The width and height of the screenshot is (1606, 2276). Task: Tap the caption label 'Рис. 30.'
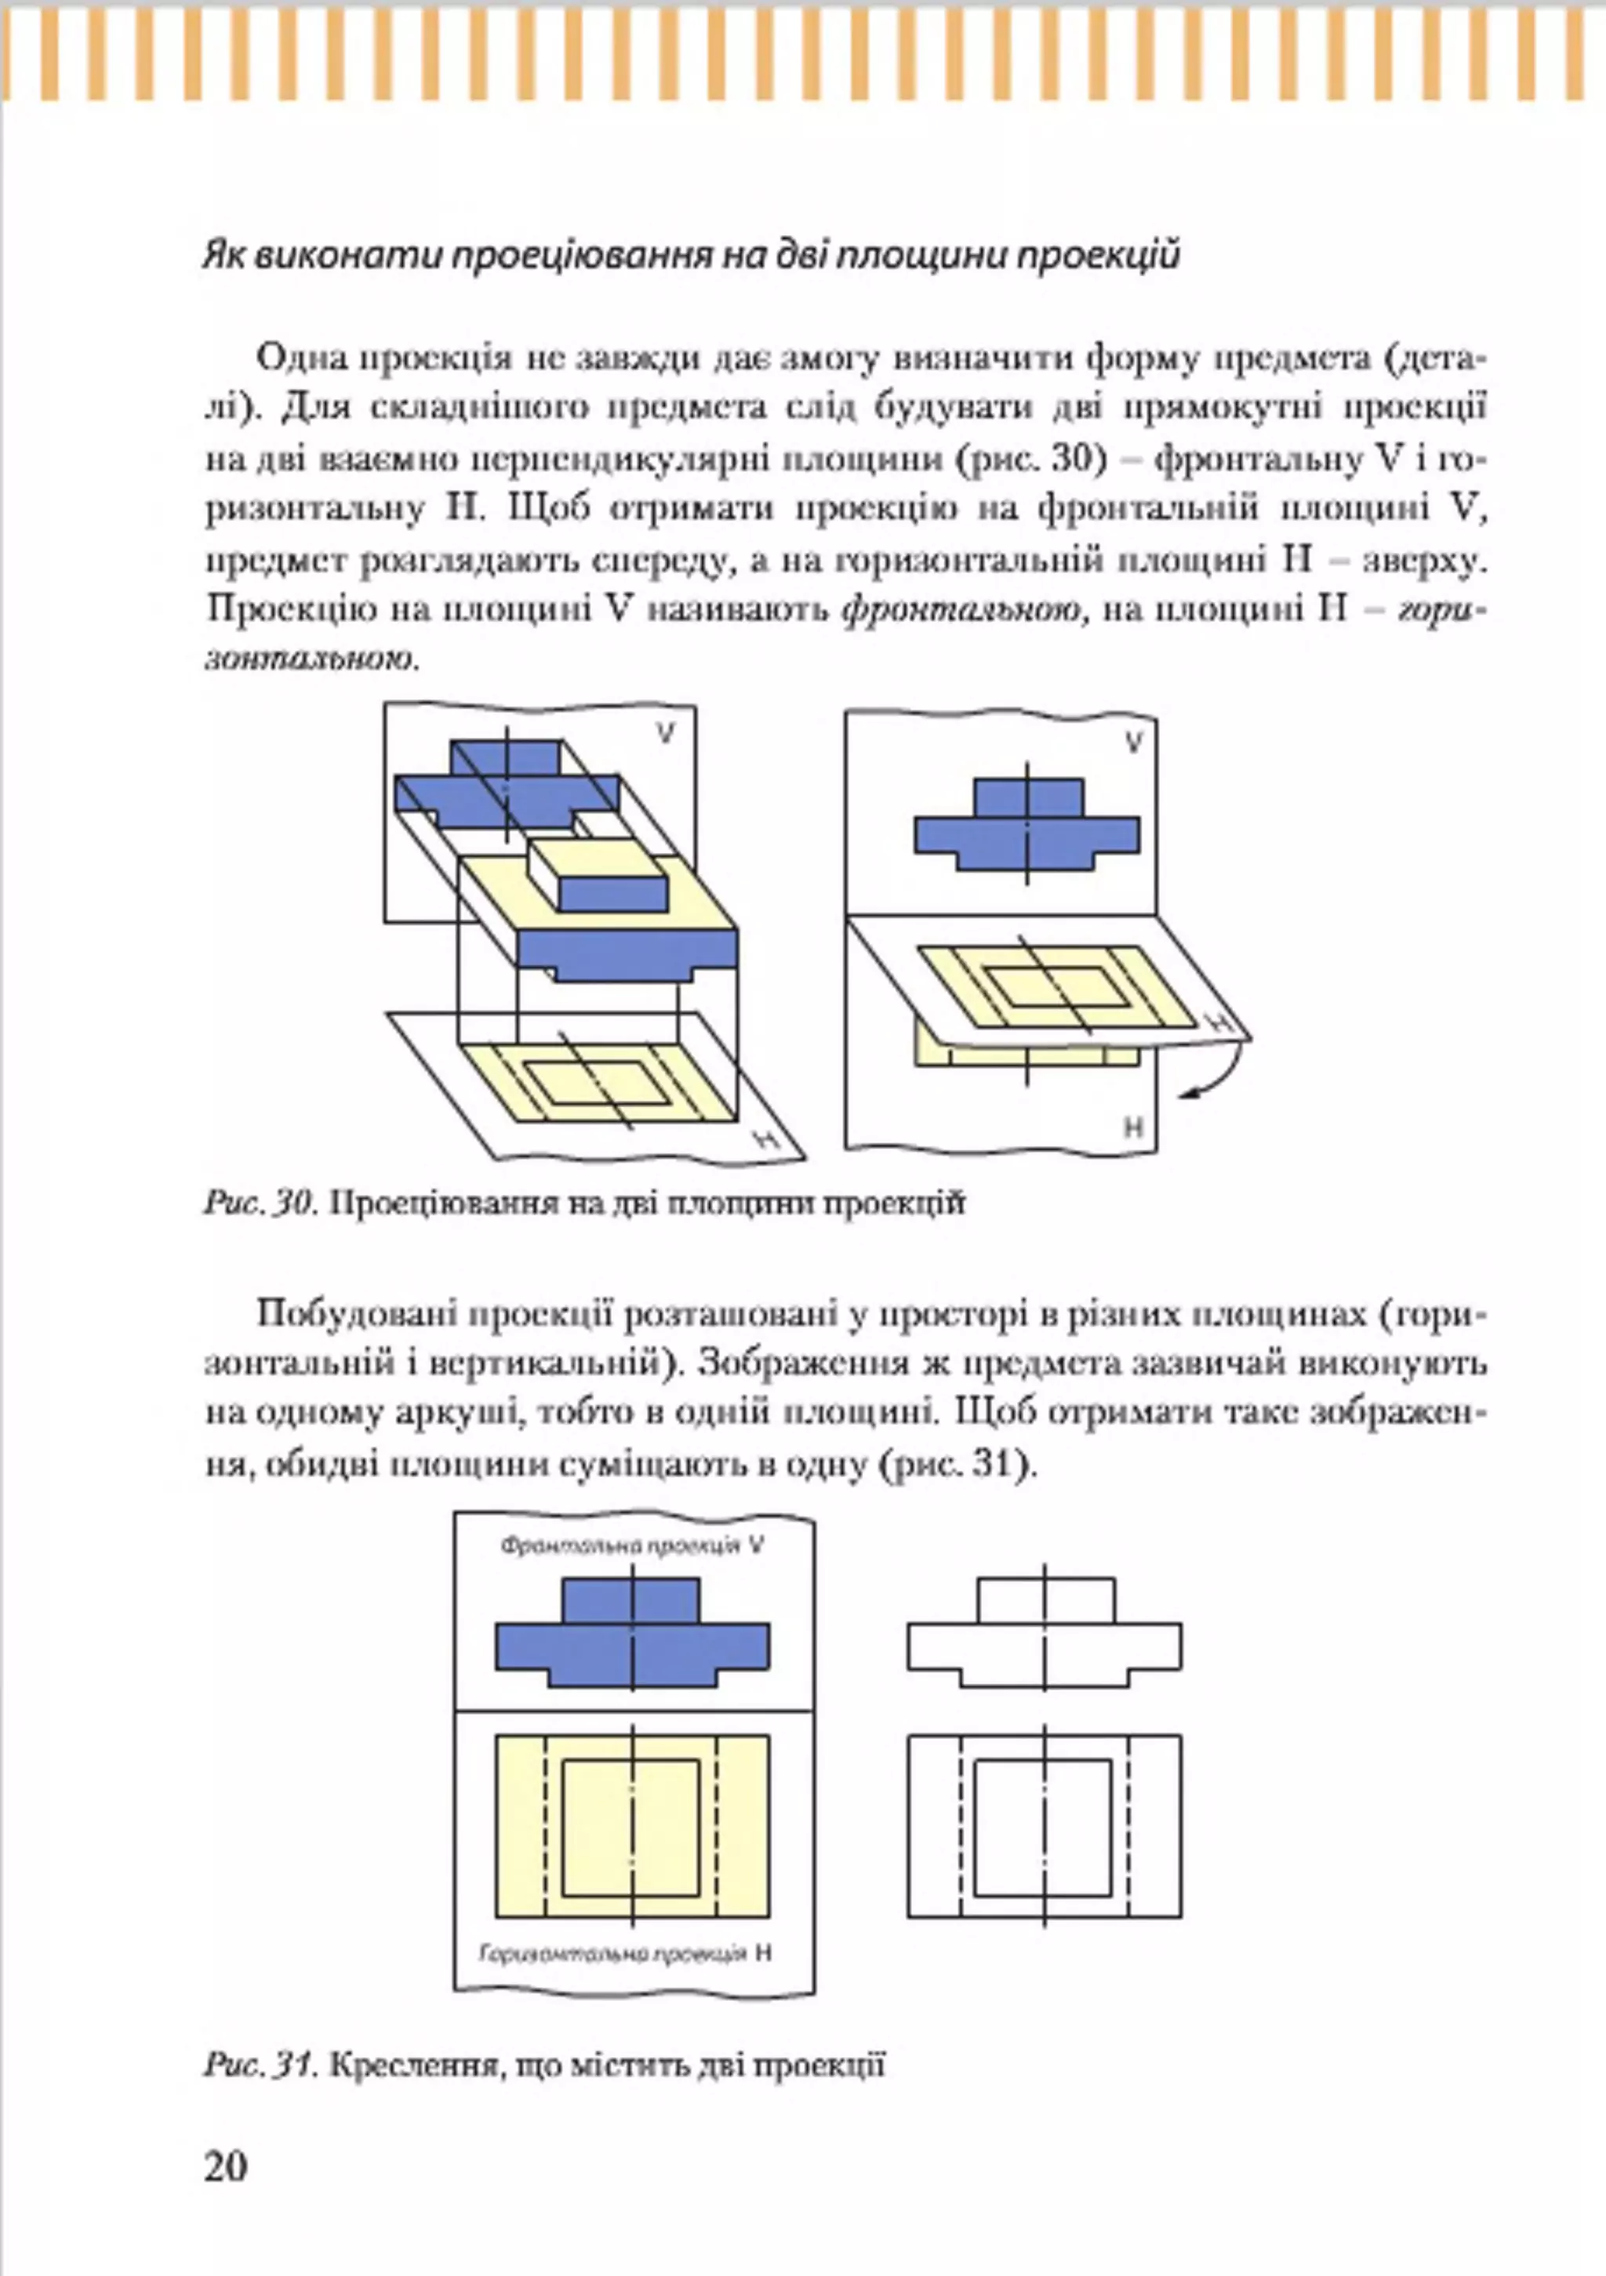tap(260, 1203)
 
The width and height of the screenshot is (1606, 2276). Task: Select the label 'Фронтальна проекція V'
tap(631, 1545)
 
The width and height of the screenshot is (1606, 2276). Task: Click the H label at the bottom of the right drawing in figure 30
tap(1134, 1127)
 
